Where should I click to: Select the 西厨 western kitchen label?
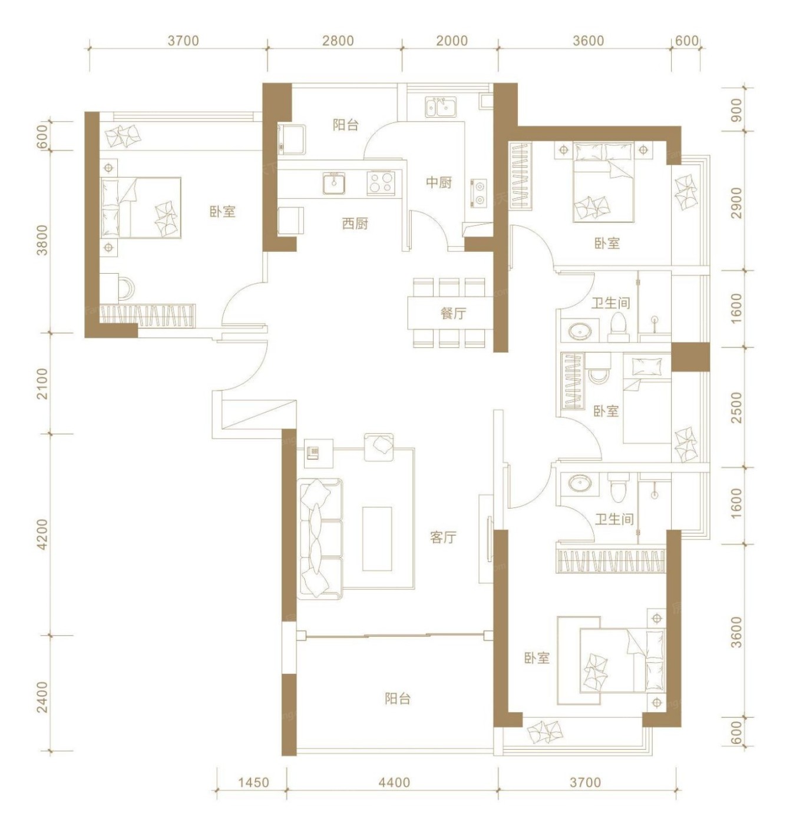355,223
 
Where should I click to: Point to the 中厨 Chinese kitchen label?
439,182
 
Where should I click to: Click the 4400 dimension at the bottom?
394,782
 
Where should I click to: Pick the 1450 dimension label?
253,782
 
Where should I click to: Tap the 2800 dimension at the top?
338,41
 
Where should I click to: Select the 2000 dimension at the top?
452,41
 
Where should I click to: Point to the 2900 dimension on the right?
738,202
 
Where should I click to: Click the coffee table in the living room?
377,538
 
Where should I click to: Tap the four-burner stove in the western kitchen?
380,183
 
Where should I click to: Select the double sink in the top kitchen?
440,107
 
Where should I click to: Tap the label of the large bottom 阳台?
398,698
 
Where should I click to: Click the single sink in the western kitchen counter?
333,183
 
